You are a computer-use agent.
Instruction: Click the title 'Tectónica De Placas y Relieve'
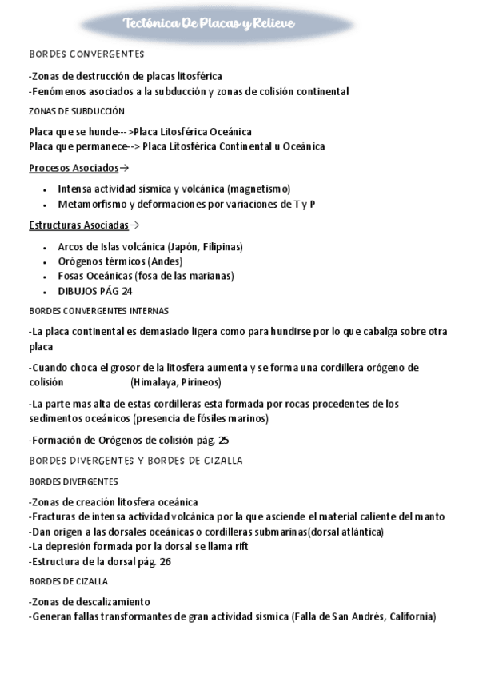pyautogui.click(x=210, y=24)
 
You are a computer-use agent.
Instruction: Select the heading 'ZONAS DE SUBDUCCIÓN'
pyautogui.click(x=77, y=111)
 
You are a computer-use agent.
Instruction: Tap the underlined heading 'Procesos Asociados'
pyautogui.click(x=74, y=168)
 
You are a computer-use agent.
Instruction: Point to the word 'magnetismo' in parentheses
pyautogui.click(x=258, y=189)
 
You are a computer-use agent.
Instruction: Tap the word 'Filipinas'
pyautogui.click(x=221, y=246)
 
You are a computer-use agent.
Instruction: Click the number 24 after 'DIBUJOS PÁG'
pyautogui.click(x=126, y=291)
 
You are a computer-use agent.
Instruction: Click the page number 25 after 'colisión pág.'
pyautogui.click(x=224, y=440)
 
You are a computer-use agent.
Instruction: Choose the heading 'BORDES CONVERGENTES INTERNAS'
pyautogui.click(x=98, y=310)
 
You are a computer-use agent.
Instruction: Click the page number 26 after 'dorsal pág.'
pyautogui.click(x=165, y=561)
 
